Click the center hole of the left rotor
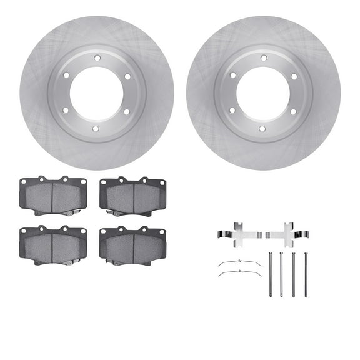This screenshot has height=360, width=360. [96, 92]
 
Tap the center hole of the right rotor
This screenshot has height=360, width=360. [263, 92]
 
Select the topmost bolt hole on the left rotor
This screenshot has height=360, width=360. [96, 57]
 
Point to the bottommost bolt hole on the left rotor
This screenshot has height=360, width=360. [96, 128]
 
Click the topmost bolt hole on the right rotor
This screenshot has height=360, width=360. [263, 57]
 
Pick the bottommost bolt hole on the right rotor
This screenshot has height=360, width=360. [263, 128]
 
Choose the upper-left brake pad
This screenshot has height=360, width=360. [52, 195]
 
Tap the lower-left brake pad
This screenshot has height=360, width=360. [52, 244]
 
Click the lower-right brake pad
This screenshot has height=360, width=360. [133, 244]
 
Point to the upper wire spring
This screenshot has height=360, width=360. [239, 262]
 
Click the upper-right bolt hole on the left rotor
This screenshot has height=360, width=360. [127, 75]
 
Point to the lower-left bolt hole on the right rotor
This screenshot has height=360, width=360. [232, 111]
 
